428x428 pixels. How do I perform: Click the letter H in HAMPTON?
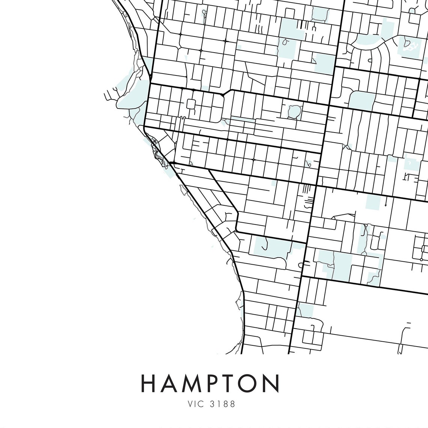(x=149, y=383)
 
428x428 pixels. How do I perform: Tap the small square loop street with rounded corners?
(x=191, y=104)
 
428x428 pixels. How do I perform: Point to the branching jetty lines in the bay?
(x=112, y=94)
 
